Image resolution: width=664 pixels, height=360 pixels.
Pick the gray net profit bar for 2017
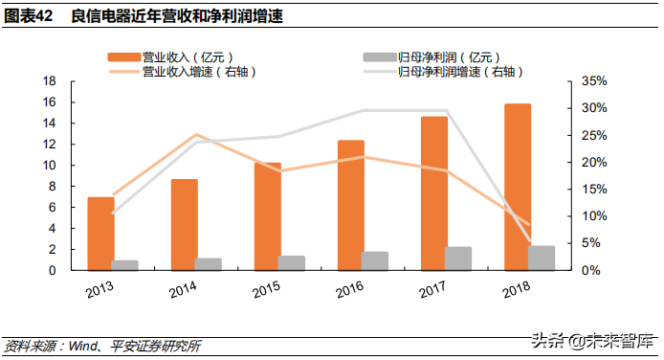[x=458, y=259]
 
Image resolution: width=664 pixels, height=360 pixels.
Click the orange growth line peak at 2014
[x=196, y=135]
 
